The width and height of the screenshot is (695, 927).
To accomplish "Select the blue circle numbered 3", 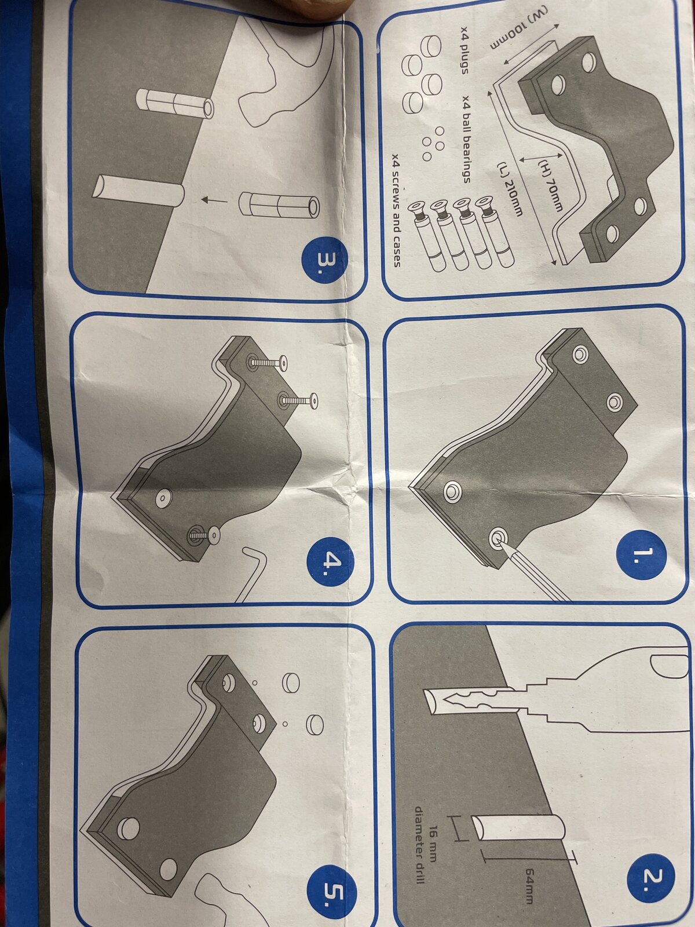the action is click(325, 260).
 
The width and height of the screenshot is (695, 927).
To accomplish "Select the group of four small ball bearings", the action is click(433, 144).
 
